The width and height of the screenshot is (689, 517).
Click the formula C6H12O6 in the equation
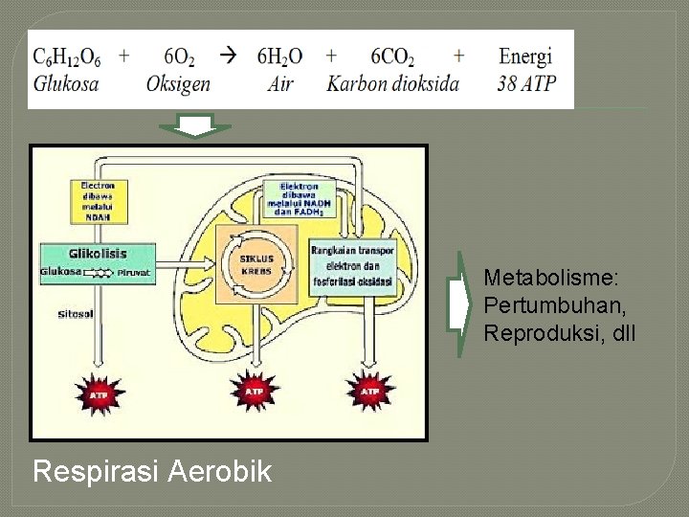67,56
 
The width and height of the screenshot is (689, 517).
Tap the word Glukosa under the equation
66,83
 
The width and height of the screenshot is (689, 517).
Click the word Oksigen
178,84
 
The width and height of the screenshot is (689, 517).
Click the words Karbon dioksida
392,83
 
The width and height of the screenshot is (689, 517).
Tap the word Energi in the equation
526,56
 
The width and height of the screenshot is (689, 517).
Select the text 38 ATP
526,83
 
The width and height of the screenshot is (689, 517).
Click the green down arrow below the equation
195,127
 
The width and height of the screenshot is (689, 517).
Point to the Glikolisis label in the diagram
97,254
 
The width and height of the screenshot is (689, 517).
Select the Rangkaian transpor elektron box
351,265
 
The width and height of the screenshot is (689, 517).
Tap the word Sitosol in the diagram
76,313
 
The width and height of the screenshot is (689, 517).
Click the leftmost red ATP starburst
99,393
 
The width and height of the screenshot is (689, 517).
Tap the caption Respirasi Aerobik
151,472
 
